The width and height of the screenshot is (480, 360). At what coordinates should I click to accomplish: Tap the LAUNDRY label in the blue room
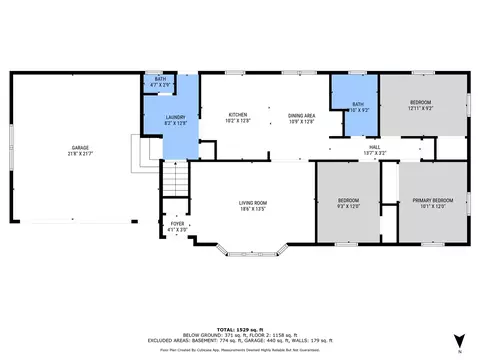point(175,118)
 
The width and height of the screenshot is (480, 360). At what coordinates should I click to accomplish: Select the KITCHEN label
point(238,115)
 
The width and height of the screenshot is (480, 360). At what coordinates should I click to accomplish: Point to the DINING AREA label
point(302,115)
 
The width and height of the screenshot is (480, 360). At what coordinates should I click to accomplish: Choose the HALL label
point(375,147)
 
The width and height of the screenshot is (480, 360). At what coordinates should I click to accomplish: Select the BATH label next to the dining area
point(357,103)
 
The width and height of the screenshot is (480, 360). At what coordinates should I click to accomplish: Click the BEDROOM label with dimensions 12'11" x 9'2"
point(420,103)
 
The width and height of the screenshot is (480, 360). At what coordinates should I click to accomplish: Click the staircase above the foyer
point(176,181)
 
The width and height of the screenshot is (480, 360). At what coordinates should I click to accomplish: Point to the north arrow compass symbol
point(459,340)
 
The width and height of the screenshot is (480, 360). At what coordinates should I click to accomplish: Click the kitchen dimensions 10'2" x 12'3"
point(238,121)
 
